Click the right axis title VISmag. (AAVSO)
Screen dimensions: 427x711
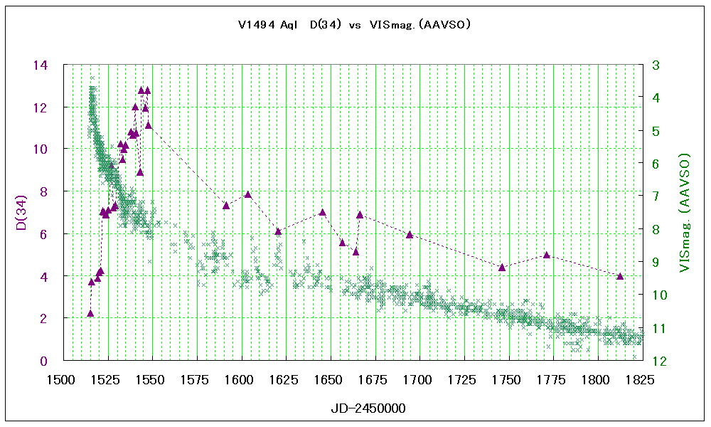685,212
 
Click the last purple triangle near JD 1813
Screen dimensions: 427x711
620,276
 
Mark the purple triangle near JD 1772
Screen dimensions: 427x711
547,255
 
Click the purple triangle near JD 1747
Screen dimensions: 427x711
502,268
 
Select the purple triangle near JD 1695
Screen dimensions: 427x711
410,234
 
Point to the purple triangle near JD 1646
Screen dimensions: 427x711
323,212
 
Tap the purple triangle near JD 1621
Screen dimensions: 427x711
278,231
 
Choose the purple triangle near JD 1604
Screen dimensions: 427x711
248,194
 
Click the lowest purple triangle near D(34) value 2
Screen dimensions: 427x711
90,313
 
